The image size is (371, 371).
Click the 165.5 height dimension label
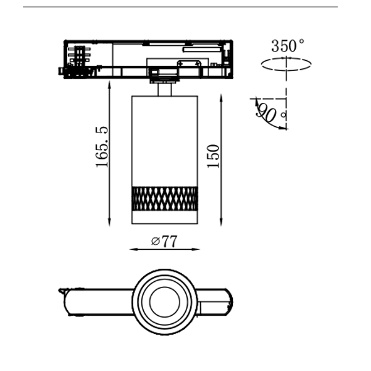pos(102,147)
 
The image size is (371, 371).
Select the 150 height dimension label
pos(213,156)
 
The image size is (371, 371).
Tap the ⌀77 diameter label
pos(164,241)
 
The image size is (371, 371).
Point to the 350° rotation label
pos(288,46)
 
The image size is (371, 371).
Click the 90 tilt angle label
pos(266,112)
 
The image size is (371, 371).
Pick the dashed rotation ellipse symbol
pos(286,63)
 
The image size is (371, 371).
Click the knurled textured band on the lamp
pos(165,198)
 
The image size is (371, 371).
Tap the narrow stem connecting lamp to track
pos(165,90)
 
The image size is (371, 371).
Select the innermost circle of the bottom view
pos(164,302)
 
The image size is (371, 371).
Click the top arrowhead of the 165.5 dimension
pos(109,83)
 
